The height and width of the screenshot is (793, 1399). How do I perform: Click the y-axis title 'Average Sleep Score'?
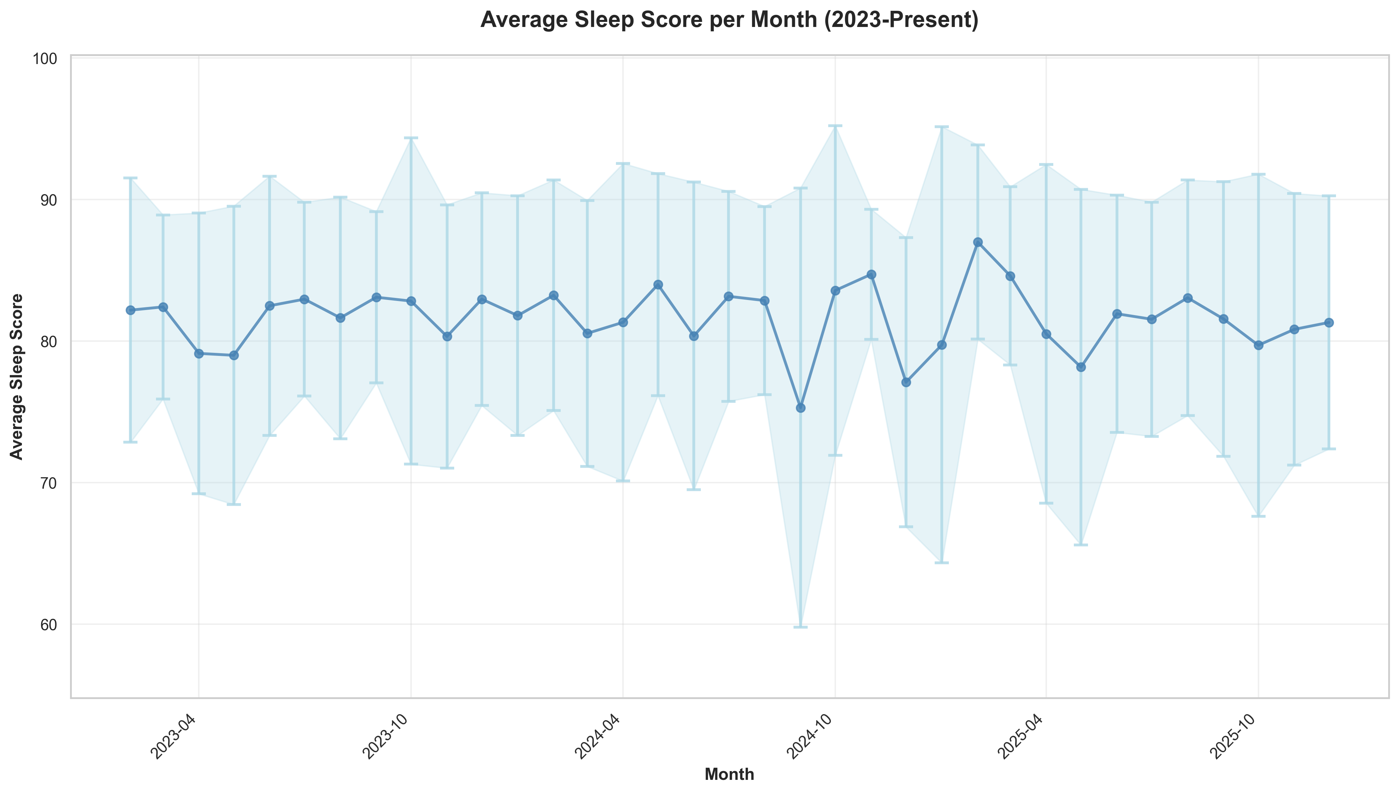(18, 376)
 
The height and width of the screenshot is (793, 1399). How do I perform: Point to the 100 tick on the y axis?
(49, 58)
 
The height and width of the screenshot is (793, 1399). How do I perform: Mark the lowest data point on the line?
(800, 408)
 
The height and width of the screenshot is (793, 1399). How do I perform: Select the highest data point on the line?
(978, 242)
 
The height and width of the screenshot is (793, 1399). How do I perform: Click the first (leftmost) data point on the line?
(130, 310)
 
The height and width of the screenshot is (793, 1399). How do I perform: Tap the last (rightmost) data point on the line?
(1329, 323)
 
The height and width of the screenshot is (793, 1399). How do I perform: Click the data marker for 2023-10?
(411, 301)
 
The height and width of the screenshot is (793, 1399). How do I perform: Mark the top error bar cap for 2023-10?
(411, 138)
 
